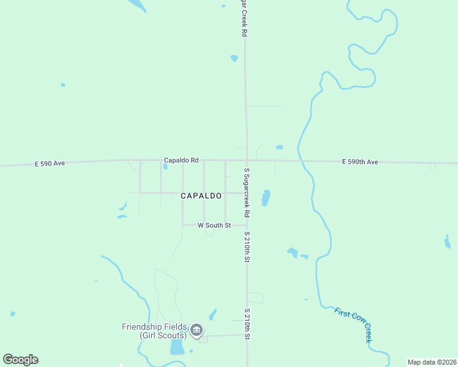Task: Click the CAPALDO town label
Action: pyautogui.click(x=201, y=196)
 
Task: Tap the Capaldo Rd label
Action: pyautogui.click(x=181, y=160)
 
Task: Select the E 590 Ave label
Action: pyautogui.click(x=50, y=163)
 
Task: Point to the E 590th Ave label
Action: pyautogui.click(x=360, y=161)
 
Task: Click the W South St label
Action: pyautogui.click(x=214, y=226)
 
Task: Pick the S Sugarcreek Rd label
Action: pyautogui.click(x=247, y=193)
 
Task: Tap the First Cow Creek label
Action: pyautogui.click(x=353, y=324)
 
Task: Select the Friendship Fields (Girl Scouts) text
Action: pyautogui.click(x=154, y=331)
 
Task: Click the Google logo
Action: pyautogui.click(x=21, y=360)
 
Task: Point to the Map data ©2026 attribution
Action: pyautogui.click(x=432, y=362)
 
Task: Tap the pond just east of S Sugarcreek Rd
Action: pyautogui.click(x=266, y=198)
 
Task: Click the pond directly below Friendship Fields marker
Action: pyautogui.click(x=177, y=347)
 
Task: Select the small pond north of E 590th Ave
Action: pyautogui.click(x=279, y=147)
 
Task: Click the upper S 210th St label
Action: pyautogui.click(x=247, y=247)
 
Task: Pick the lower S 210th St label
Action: pyautogui.click(x=247, y=325)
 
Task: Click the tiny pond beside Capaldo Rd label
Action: pyautogui.click(x=165, y=166)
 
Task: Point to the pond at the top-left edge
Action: pyautogui.click(x=137, y=5)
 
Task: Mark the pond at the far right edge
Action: pyautogui.click(x=448, y=242)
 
